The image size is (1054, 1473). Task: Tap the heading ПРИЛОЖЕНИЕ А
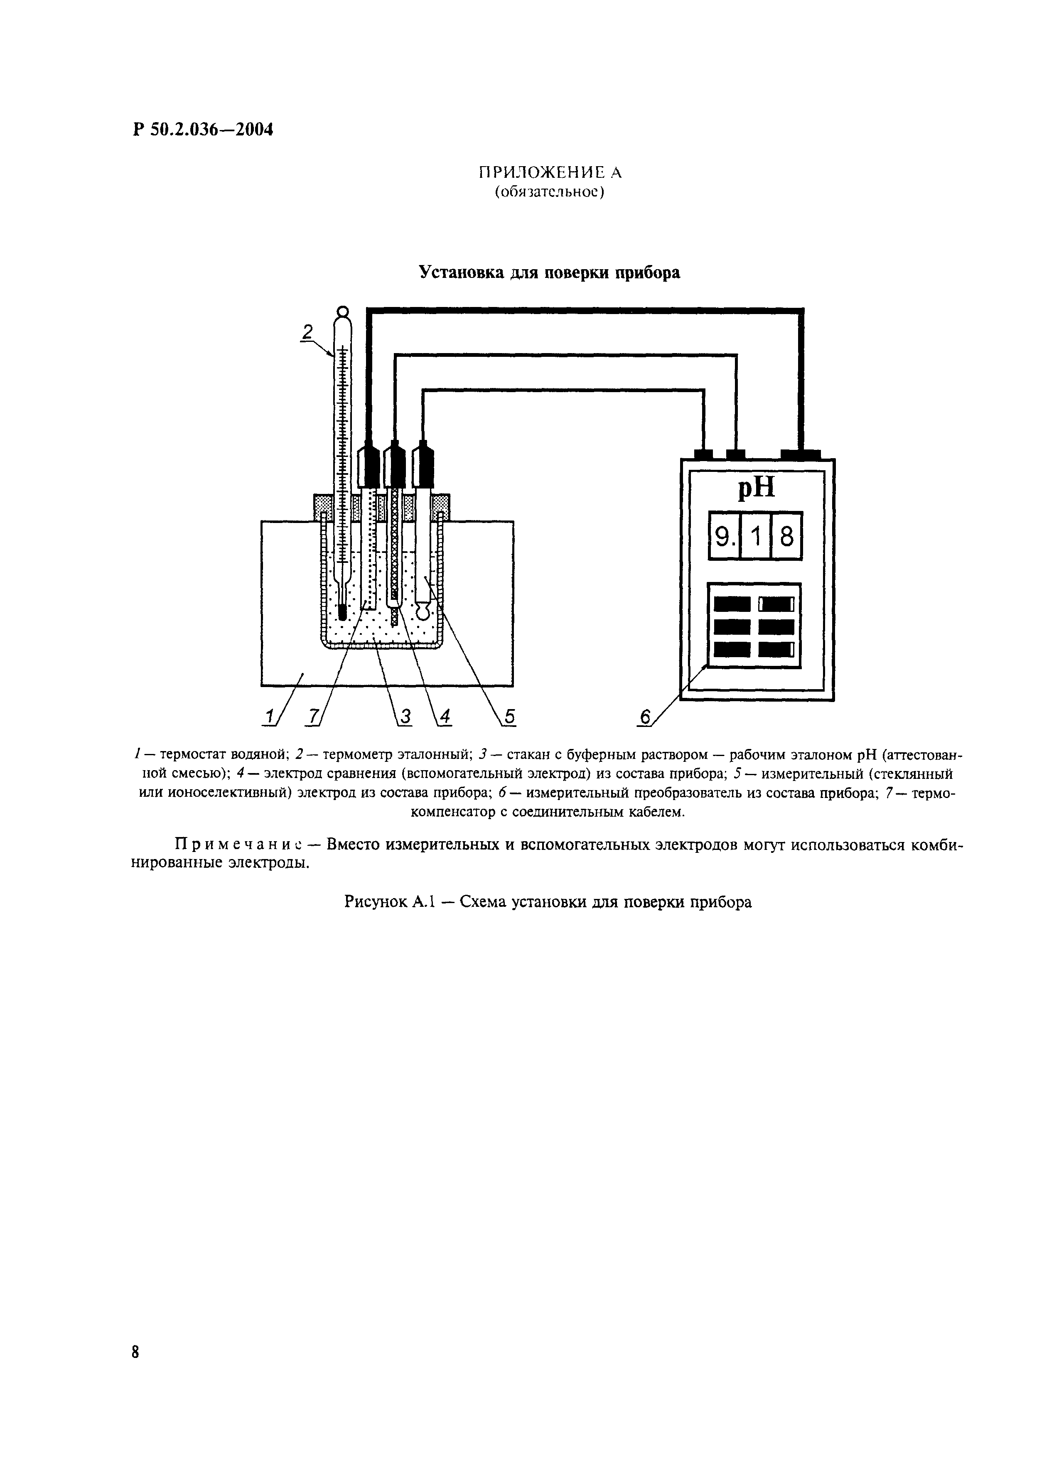[550, 173]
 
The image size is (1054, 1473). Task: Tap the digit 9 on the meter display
[722, 537]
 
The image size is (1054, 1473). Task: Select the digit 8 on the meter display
[786, 537]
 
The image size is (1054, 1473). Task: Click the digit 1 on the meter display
[755, 537]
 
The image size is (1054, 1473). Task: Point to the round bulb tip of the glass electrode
[423, 611]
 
